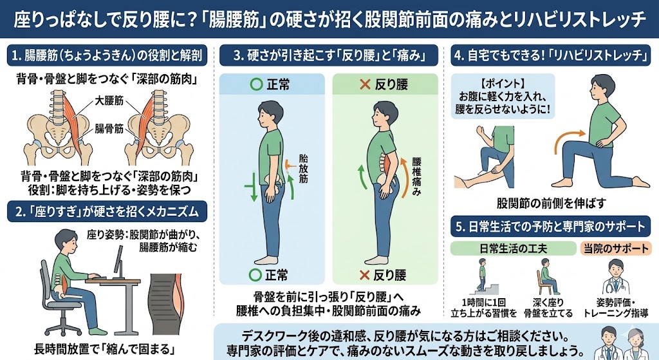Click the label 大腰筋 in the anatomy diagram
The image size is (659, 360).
click(109, 100)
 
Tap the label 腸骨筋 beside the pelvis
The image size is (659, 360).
click(109, 128)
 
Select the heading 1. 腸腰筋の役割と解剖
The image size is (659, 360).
click(107, 55)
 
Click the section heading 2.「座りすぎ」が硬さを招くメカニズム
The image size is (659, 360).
click(107, 211)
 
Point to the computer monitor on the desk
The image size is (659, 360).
click(119, 261)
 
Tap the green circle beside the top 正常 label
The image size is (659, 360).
click(255, 84)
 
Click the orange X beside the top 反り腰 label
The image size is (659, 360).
click(365, 84)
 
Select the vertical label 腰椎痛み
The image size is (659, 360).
click(416, 176)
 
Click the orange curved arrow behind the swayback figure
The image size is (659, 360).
click(405, 176)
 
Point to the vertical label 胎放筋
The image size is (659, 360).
click(304, 169)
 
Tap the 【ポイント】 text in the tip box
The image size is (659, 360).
click(503, 83)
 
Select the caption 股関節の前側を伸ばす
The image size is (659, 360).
click(552, 204)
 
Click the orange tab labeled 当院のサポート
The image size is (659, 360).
click(616, 249)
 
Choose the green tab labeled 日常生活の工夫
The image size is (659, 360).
click(513, 249)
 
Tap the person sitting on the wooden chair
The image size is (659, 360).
click(546, 276)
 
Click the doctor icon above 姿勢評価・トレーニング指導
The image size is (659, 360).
click(615, 277)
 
